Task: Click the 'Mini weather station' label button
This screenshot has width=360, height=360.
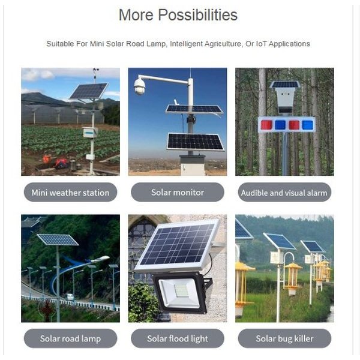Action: (70, 192)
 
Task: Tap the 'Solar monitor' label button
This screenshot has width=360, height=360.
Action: (178, 192)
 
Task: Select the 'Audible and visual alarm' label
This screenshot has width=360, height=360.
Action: (284, 192)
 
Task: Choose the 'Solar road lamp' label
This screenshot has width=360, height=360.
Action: (70, 338)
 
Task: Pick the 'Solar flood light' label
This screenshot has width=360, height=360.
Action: (178, 338)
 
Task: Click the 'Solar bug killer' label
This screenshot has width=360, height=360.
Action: (284, 338)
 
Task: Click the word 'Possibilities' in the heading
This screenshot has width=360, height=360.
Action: (197, 15)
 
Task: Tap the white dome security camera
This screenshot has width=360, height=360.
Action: (140, 86)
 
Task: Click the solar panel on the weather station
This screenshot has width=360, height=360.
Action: (89, 91)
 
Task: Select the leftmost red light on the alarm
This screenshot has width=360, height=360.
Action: (266, 125)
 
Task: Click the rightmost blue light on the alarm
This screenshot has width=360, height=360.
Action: (308, 125)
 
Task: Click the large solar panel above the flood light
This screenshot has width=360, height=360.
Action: (177, 245)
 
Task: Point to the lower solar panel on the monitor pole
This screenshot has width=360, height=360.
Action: (195, 142)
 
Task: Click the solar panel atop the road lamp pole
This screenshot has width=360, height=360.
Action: (58, 239)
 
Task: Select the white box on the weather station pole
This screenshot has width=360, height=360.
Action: (90, 132)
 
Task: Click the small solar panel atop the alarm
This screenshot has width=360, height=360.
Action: (285, 84)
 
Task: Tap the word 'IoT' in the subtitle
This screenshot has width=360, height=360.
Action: (261, 44)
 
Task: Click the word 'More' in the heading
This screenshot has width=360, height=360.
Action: (136, 15)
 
